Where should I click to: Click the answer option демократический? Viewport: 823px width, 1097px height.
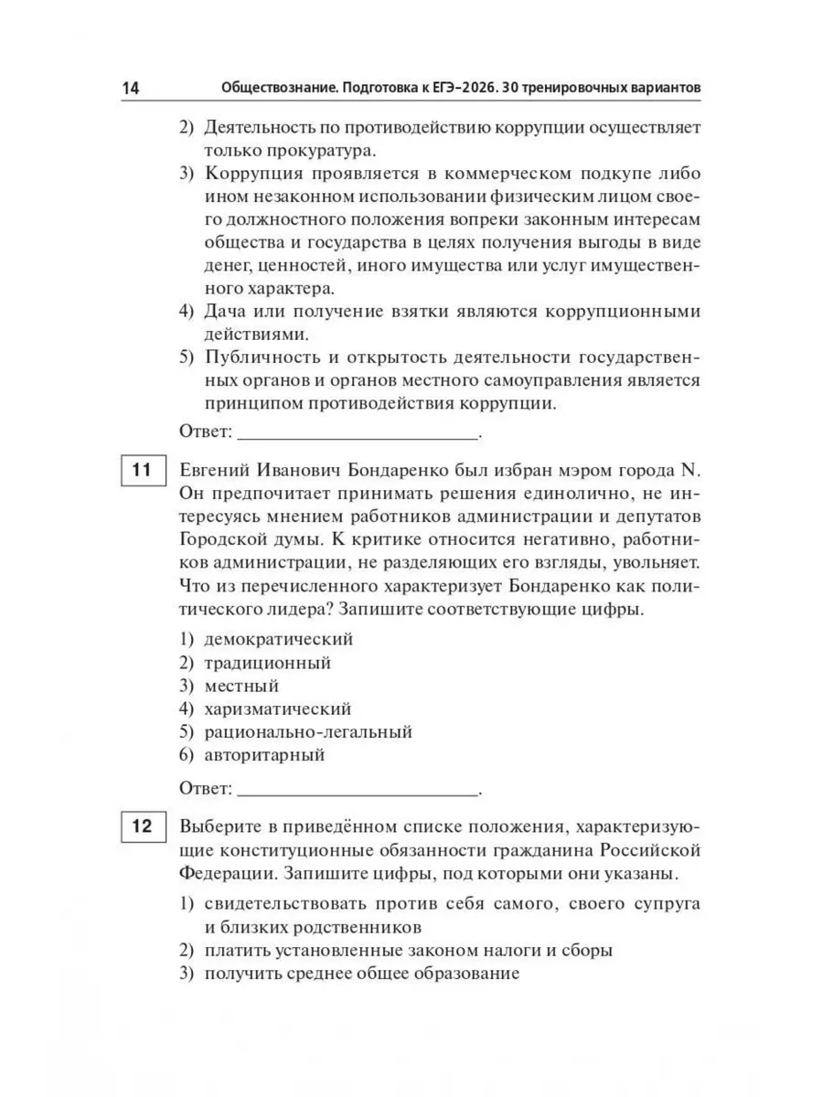coord(278,639)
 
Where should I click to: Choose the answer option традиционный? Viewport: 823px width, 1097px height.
coord(267,663)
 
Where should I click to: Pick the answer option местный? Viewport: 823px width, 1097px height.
coord(241,686)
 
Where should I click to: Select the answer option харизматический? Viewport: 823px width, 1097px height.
coord(277,708)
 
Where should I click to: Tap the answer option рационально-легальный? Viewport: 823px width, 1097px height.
coord(308,732)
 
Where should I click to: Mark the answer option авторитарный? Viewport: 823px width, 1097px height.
coord(264,755)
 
